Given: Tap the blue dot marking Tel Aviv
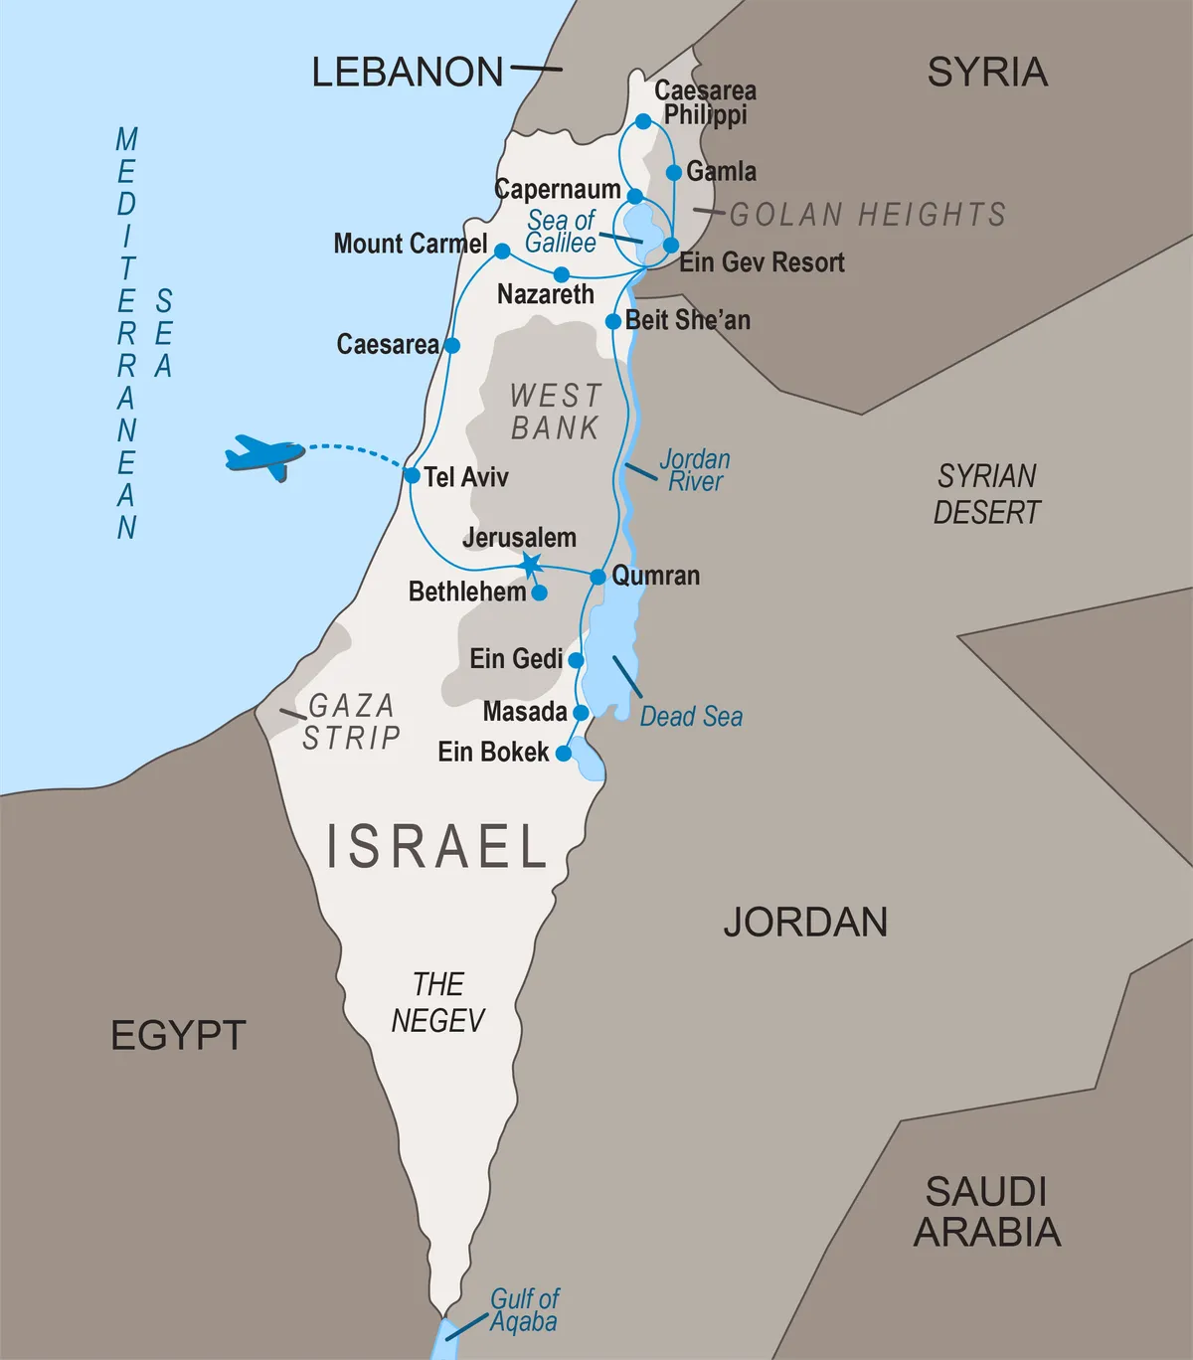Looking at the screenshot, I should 412,476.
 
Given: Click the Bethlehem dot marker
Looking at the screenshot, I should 539,593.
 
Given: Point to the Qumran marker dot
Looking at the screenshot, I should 597,577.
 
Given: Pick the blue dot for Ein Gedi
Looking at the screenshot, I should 576,659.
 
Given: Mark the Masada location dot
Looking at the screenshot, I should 581,713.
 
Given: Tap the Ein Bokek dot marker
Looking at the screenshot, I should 564,753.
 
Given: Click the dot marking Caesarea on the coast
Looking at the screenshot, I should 451,346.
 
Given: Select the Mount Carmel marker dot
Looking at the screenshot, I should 502,252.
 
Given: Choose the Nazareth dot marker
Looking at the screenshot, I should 561,273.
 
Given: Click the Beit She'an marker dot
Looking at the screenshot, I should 613,322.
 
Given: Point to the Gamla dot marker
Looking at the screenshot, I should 674,173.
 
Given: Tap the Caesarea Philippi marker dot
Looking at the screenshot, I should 643,121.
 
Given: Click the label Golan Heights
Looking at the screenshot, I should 867,215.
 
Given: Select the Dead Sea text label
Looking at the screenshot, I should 691,717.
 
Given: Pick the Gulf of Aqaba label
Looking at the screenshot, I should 524,1310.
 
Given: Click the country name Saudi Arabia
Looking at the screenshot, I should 986,1212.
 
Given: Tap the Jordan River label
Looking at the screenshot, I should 695,470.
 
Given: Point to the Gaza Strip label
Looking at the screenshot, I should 351,722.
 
